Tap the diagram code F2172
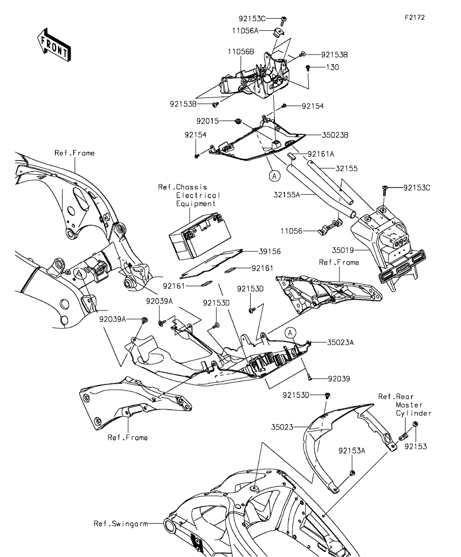(415, 17)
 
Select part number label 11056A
(245, 31)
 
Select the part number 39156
(270, 251)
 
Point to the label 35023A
(341, 342)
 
